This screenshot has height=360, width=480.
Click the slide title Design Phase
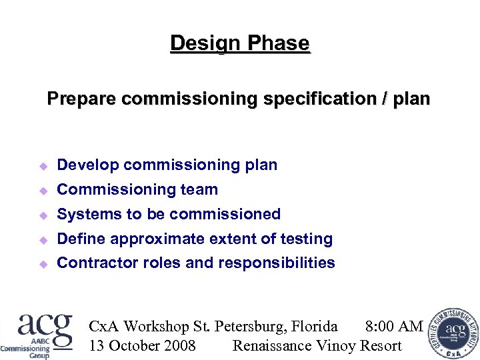pos(240,43)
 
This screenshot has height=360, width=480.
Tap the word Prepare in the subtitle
pos(82,99)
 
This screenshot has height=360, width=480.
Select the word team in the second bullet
pos(200,190)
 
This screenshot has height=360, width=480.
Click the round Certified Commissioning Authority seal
pos(454,333)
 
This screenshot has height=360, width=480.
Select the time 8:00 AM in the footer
pos(394,327)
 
